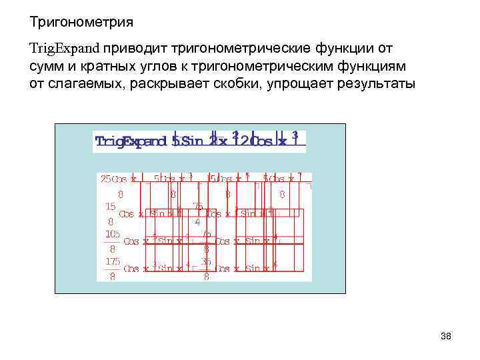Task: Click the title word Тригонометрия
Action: (81, 23)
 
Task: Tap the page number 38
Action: (446, 337)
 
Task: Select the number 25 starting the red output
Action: (105, 179)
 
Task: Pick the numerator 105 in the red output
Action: (111, 234)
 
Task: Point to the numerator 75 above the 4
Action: (197, 207)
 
